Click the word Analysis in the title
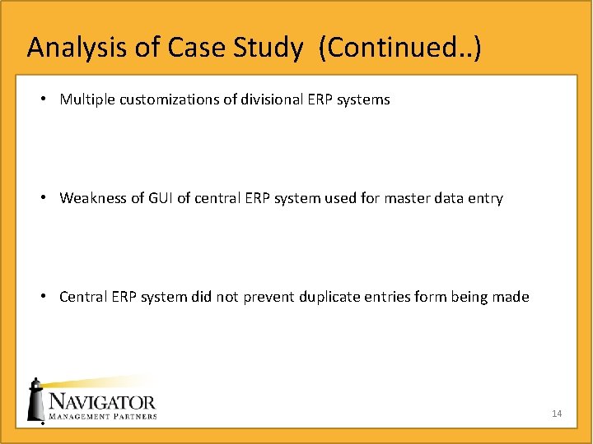click(77, 48)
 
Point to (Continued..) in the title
click(404, 48)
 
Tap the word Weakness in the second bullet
click(92, 198)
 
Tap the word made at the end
click(511, 297)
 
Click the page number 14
click(557, 414)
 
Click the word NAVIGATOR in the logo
click(102, 402)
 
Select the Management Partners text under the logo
click(102, 417)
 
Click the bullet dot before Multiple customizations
click(43, 99)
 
